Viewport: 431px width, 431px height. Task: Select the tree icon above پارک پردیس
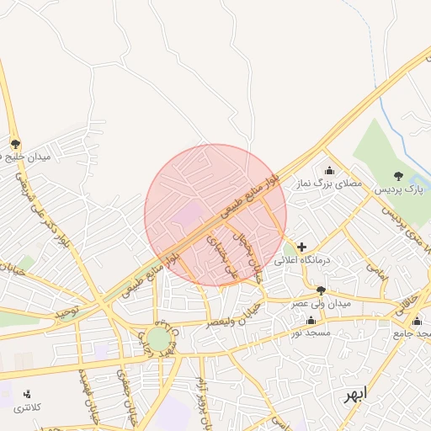coord(398,176)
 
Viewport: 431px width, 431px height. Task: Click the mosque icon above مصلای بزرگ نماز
coord(328,170)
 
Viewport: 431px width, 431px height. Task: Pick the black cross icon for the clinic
coord(302,247)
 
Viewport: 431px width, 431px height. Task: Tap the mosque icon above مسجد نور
coord(311,320)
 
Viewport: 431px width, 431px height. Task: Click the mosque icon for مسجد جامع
coord(418,320)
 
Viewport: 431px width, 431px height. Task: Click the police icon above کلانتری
coord(27,394)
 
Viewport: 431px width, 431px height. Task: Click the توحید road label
coord(67,311)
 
